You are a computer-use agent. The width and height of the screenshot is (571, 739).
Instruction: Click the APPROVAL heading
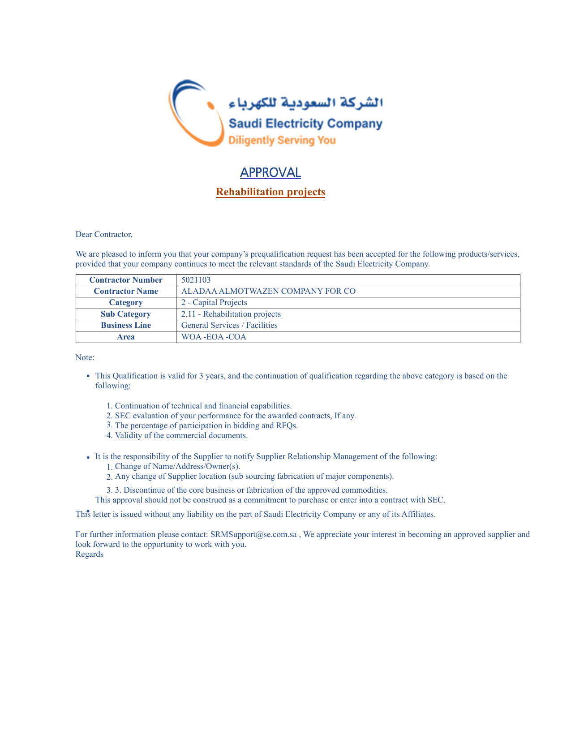pos(270,172)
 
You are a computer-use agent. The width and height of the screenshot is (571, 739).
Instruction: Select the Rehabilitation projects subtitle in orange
pos(270,192)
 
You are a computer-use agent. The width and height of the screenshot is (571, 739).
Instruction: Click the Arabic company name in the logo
pos(306,103)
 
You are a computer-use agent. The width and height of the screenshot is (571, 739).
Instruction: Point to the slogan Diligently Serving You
pos(282,140)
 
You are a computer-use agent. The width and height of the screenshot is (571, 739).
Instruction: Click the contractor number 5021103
pos(196,280)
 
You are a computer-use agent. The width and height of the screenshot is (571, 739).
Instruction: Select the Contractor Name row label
pos(126,291)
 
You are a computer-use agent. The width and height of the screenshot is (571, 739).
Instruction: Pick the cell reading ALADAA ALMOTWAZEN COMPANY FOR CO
pos(268,291)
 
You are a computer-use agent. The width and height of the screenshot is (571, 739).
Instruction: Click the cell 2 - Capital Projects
pos(214,302)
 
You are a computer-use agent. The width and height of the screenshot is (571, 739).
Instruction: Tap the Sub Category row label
pos(126,314)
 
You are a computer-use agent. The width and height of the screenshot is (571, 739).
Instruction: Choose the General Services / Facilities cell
pos(229,325)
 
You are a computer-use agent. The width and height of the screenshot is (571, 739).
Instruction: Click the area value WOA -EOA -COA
pos(214,337)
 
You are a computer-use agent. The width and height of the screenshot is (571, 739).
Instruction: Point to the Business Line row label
pos(126,325)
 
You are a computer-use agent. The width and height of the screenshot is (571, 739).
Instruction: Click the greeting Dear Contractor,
pos(104,234)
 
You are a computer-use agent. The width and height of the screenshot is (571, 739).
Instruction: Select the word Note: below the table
pos(85,357)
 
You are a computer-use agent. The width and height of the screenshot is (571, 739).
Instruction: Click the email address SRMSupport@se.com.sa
pos(253,534)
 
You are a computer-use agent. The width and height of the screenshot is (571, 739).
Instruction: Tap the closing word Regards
pos(90,554)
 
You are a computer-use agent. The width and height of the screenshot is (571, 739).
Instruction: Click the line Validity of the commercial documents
pos(181,435)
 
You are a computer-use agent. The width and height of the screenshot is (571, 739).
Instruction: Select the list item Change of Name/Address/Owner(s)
pos(178,466)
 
